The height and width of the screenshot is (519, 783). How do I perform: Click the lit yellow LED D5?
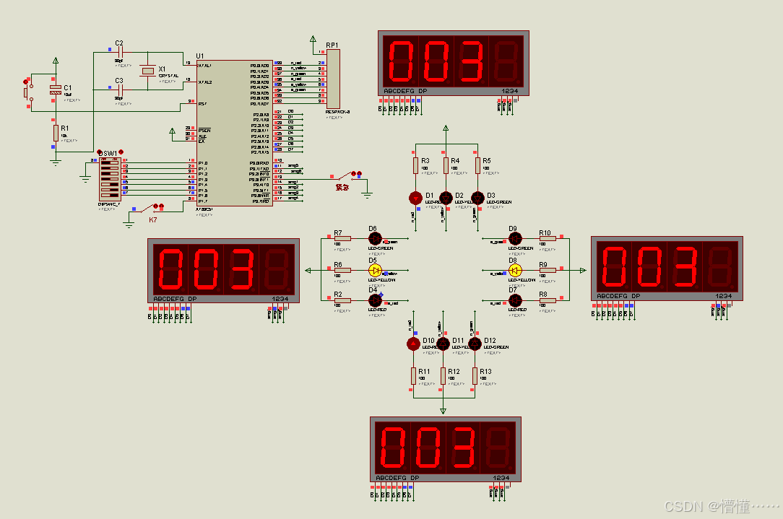(x=375, y=271)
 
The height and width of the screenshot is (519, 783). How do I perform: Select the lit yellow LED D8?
(x=514, y=270)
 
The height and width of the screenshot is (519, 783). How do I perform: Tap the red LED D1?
(x=415, y=198)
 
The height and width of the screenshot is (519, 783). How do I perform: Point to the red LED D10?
(x=413, y=344)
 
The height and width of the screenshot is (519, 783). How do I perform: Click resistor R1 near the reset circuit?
(x=55, y=133)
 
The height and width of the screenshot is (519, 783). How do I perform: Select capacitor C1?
(x=55, y=89)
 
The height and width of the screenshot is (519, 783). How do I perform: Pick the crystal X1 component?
(x=148, y=70)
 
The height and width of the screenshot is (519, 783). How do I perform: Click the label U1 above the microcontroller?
(x=200, y=56)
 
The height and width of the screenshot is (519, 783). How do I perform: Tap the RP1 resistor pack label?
(x=332, y=45)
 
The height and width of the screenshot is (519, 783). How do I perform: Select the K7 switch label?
(x=153, y=219)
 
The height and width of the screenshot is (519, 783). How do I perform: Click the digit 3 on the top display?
(x=471, y=61)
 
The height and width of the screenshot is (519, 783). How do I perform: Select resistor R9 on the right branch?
(x=548, y=270)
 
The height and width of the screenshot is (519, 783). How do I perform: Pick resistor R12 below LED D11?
(x=444, y=375)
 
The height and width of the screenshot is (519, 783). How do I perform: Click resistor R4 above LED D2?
(x=446, y=166)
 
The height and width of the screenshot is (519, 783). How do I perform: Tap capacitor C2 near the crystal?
(x=120, y=53)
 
